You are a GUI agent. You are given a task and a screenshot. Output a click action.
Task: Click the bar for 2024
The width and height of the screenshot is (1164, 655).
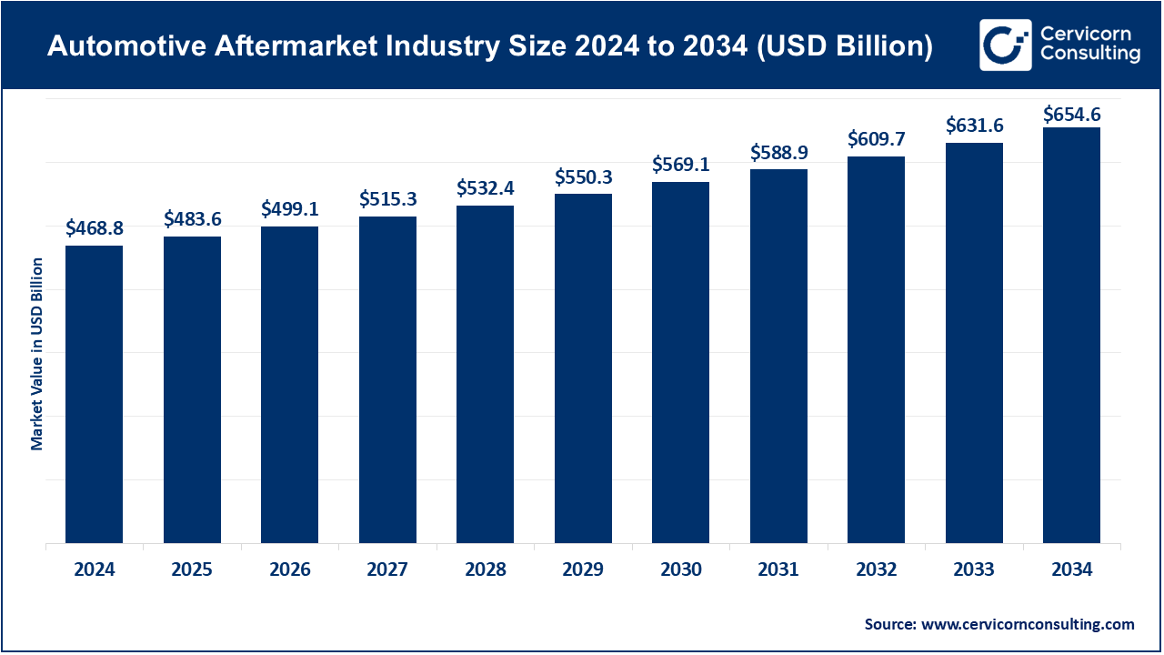pyautogui.click(x=94, y=395)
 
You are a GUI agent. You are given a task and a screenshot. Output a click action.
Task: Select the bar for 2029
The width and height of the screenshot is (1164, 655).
pyautogui.click(x=583, y=368)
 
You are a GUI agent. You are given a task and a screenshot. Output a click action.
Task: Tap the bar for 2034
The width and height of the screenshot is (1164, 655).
pyautogui.click(x=1071, y=336)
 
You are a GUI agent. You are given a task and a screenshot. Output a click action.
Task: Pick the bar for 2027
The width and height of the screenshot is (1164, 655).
pyautogui.click(x=387, y=380)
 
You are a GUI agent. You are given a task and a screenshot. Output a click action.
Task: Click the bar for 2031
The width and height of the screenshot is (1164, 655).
pyautogui.click(x=778, y=357)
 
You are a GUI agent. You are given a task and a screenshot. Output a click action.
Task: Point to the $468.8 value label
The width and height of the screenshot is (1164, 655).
pyautogui.click(x=94, y=229)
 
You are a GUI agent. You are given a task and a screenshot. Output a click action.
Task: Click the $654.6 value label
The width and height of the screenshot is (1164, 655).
pyautogui.click(x=1071, y=114)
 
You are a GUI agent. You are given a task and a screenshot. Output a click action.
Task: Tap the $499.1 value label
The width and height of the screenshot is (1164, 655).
pyautogui.click(x=290, y=208)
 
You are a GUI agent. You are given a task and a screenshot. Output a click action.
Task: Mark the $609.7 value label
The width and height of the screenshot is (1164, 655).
pyautogui.click(x=877, y=139)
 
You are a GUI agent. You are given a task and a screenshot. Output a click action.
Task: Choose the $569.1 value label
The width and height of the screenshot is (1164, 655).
pyautogui.click(x=681, y=165)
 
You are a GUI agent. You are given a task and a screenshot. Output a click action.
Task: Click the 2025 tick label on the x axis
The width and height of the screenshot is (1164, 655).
pyautogui.click(x=192, y=570)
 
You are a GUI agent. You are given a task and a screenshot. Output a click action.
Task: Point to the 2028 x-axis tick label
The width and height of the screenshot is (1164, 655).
pyautogui.click(x=486, y=570)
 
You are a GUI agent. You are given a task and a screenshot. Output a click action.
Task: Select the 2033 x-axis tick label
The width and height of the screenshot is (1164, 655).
pyautogui.click(x=974, y=570)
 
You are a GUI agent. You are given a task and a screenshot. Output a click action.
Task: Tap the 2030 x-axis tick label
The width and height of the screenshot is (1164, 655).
pyautogui.click(x=681, y=570)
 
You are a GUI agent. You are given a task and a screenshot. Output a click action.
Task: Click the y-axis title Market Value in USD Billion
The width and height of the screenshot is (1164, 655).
pyautogui.click(x=37, y=354)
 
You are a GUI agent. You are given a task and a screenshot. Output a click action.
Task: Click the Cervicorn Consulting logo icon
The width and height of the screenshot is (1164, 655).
pyautogui.click(x=1005, y=45)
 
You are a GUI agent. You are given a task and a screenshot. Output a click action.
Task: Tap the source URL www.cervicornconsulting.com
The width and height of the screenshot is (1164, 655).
pyautogui.click(x=1029, y=624)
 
